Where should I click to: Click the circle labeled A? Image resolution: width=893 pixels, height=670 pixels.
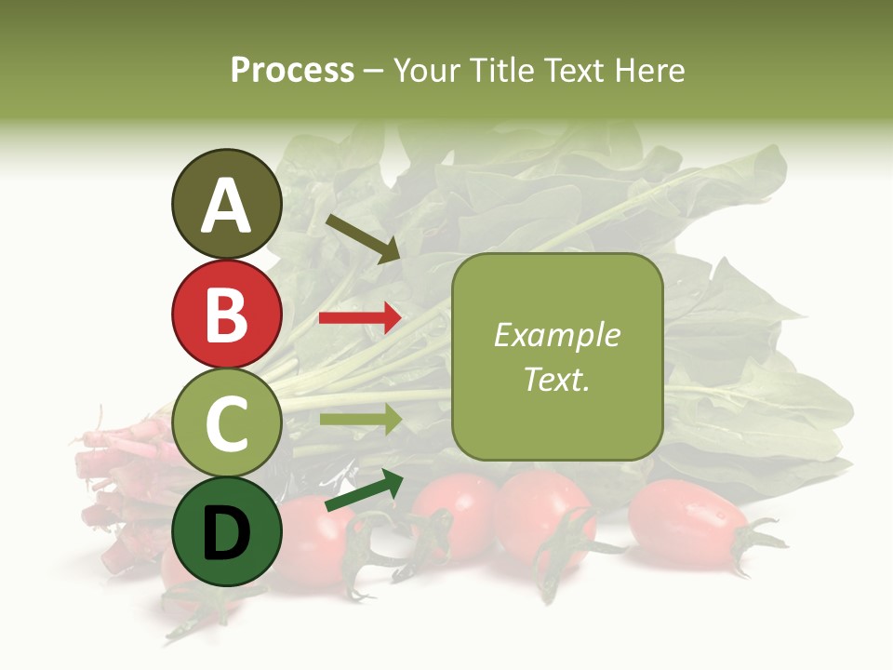pyautogui.click(x=226, y=205)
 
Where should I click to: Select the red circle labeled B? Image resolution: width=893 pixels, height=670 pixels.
pyautogui.click(x=226, y=314)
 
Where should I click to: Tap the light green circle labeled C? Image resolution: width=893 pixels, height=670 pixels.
pyautogui.click(x=226, y=423)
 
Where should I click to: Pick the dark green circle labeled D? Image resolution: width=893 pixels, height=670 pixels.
pyautogui.click(x=226, y=531)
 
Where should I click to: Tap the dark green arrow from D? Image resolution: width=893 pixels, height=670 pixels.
pyautogui.click(x=364, y=492)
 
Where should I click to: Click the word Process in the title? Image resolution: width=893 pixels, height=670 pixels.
pyautogui.click(x=292, y=70)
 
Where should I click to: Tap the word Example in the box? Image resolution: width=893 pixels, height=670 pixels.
pyautogui.click(x=556, y=335)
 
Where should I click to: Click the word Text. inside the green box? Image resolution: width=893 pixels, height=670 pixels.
pyautogui.click(x=556, y=379)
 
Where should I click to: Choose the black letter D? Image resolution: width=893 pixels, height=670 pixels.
pyautogui.click(x=226, y=533)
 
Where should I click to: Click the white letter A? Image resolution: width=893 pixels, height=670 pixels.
pyautogui.click(x=226, y=206)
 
